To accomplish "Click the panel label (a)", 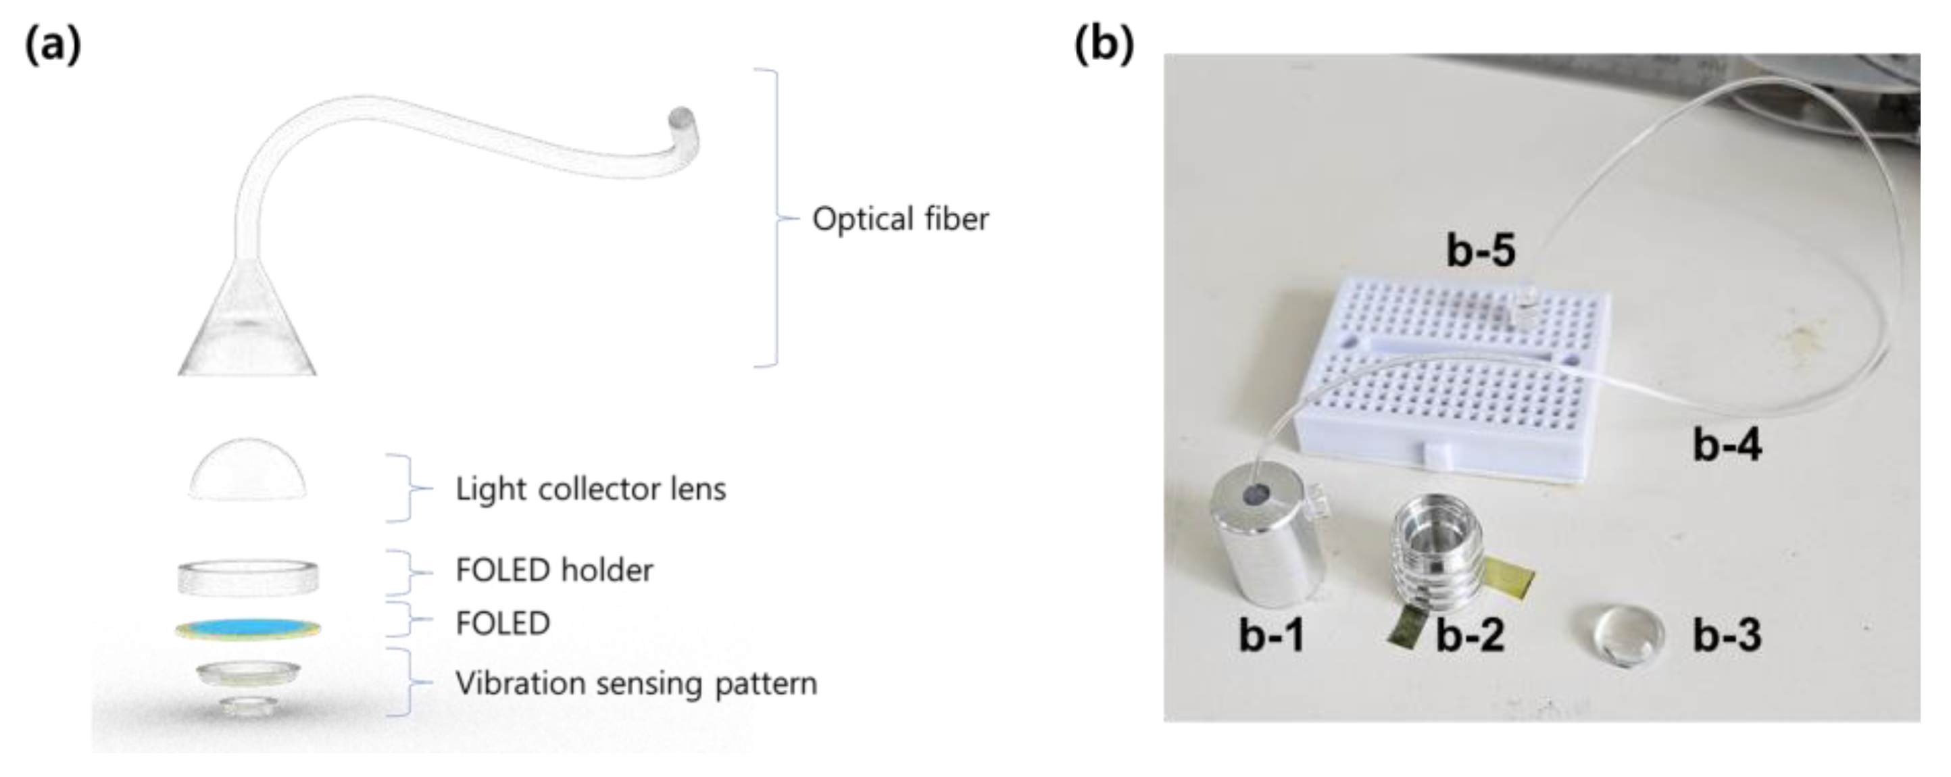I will click(x=52, y=45).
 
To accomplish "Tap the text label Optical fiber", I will click(x=899, y=220).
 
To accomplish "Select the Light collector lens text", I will click(x=591, y=489).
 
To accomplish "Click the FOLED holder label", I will click(x=554, y=570).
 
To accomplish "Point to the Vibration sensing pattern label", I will click(x=636, y=684).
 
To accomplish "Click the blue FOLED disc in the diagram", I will click(x=247, y=628).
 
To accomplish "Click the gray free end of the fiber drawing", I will click(x=679, y=119).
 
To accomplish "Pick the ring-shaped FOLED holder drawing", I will click(x=247, y=577).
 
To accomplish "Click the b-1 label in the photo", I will click(x=1272, y=634).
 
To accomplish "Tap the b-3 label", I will click(x=1727, y=634).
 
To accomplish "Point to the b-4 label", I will click(x=1727, y=445).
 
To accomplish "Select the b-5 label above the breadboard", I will click(x=1481, y=250).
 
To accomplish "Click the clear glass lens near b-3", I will click(x=1623, y=636).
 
